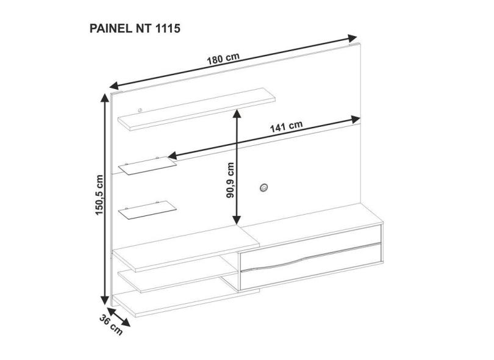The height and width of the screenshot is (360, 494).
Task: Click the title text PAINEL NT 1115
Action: click(x=135, y=28)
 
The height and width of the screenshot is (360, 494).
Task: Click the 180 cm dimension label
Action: click(x=223, y=59)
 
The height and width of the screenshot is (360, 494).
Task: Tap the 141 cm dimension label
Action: click(x=287, y=126)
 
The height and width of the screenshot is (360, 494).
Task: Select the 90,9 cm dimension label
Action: click(x=231, y=180)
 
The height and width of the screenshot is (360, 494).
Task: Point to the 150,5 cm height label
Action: click(x=99, y=195)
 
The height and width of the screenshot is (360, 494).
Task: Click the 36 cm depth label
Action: click(x=111, y=325)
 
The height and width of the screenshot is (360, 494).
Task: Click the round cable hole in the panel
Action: click(x=263, y=187)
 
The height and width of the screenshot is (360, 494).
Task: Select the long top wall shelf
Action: click(x=196, y=109)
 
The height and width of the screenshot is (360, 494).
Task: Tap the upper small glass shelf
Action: click(x=148, y=165)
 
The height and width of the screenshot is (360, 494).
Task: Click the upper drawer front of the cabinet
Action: click(x=311, y=247)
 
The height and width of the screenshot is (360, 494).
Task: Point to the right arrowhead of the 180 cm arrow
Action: click(x=353, y=38)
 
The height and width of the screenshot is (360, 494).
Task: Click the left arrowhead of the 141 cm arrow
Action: click(x=173, y=156)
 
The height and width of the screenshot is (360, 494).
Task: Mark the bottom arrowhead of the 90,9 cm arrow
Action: click(x=237, y=220)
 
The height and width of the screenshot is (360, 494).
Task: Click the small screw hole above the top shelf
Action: click(x=140, y=110)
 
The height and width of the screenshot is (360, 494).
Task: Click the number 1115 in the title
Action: click(x=168, y=28)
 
